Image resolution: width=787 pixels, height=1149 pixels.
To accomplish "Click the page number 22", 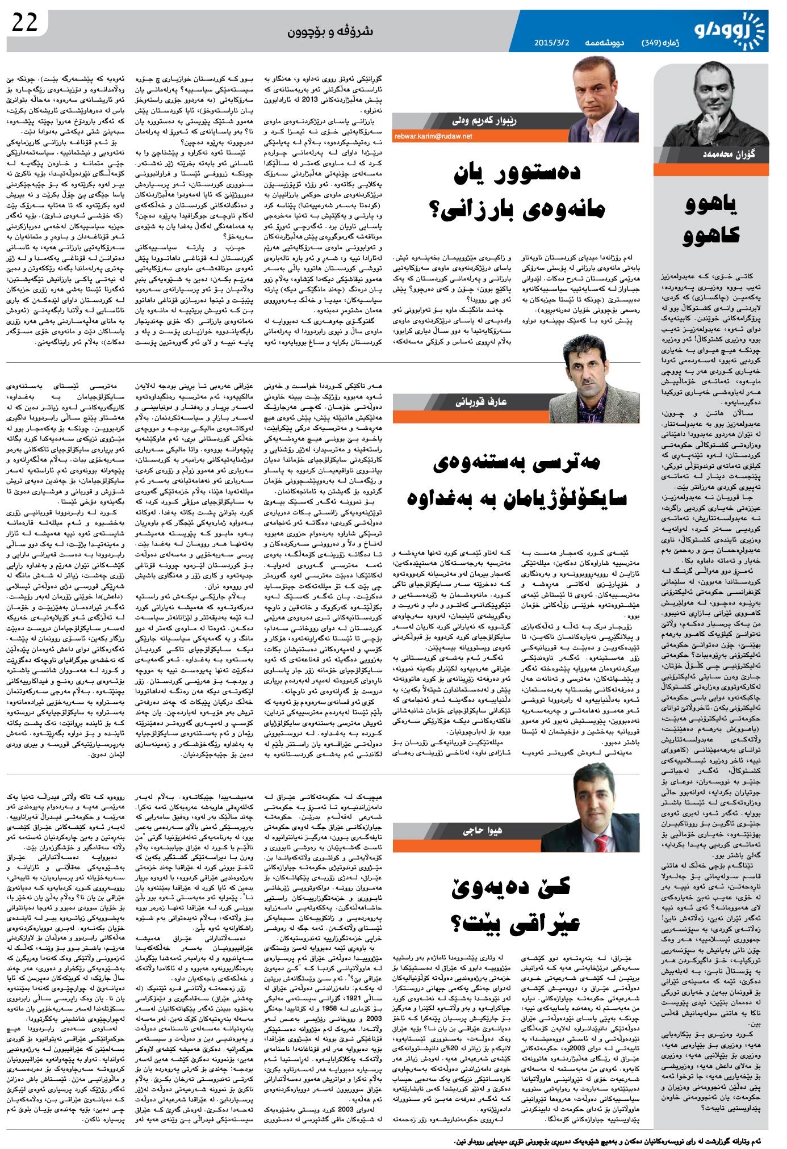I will click(24, 24).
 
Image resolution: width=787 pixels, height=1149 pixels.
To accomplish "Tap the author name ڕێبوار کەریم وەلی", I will click(484, 121).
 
